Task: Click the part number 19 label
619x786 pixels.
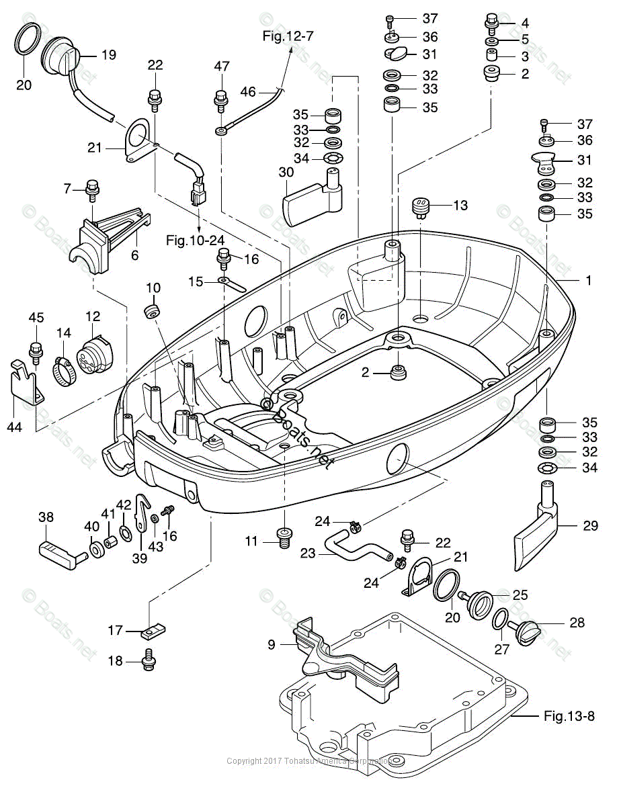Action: (x=109, y=55)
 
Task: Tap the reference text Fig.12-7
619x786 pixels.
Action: (x=288, y=36)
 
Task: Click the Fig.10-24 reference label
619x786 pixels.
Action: (x=196, y=238)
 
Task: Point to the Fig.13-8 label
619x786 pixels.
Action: (x=569, y=716)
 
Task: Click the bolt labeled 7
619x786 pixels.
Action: (x=92, y=189)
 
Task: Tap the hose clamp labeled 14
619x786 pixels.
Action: (x=65, y=369)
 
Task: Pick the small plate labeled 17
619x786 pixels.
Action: (x=153, y=632)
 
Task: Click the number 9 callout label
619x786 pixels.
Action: (x=271, y=644)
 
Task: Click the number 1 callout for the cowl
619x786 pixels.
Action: (x=589, y=280)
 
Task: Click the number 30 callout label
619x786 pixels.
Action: (x=287, y=172)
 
